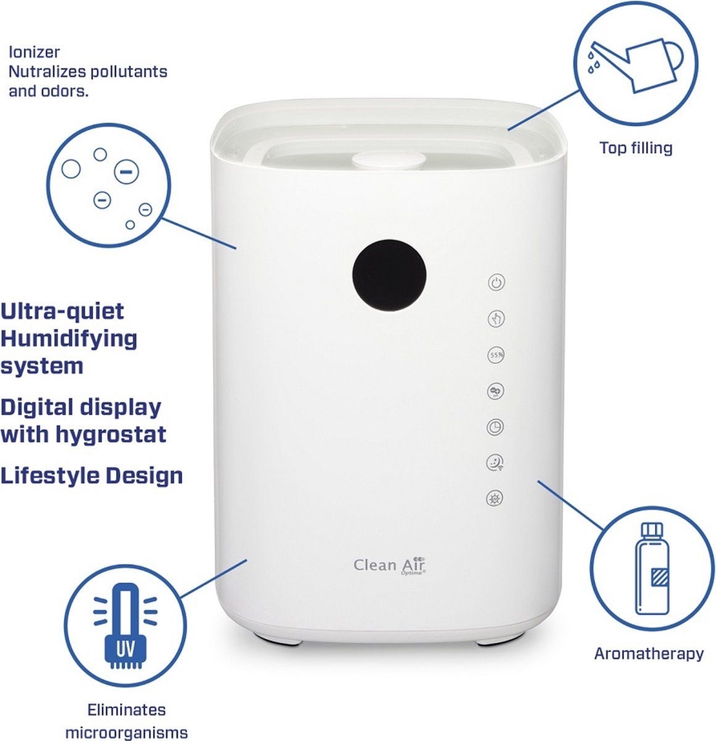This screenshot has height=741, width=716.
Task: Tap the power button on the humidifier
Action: point(496,282)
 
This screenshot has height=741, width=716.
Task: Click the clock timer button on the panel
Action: point(495,427)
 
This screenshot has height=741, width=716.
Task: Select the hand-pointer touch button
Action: point(496,319)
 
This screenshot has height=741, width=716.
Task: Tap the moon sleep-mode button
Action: point(495,463)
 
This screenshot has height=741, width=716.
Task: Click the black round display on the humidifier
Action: point(389,276)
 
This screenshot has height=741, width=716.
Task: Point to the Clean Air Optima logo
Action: point(389,565)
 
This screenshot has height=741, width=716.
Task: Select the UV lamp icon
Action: point(125,625)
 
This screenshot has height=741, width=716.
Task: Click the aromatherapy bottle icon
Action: point(653,568)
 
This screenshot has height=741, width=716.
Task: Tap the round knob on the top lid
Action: point(387,161)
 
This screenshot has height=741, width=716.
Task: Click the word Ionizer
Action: point(34,52)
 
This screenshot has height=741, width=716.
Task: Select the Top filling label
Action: point(635,148)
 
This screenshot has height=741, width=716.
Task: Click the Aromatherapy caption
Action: point(649,654)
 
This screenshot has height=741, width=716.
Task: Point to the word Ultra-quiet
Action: point(62,311)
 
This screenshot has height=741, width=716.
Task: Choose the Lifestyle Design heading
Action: point(91,475)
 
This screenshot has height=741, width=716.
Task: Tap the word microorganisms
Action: point(127,733)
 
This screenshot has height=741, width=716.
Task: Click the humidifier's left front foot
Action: point(282,641)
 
